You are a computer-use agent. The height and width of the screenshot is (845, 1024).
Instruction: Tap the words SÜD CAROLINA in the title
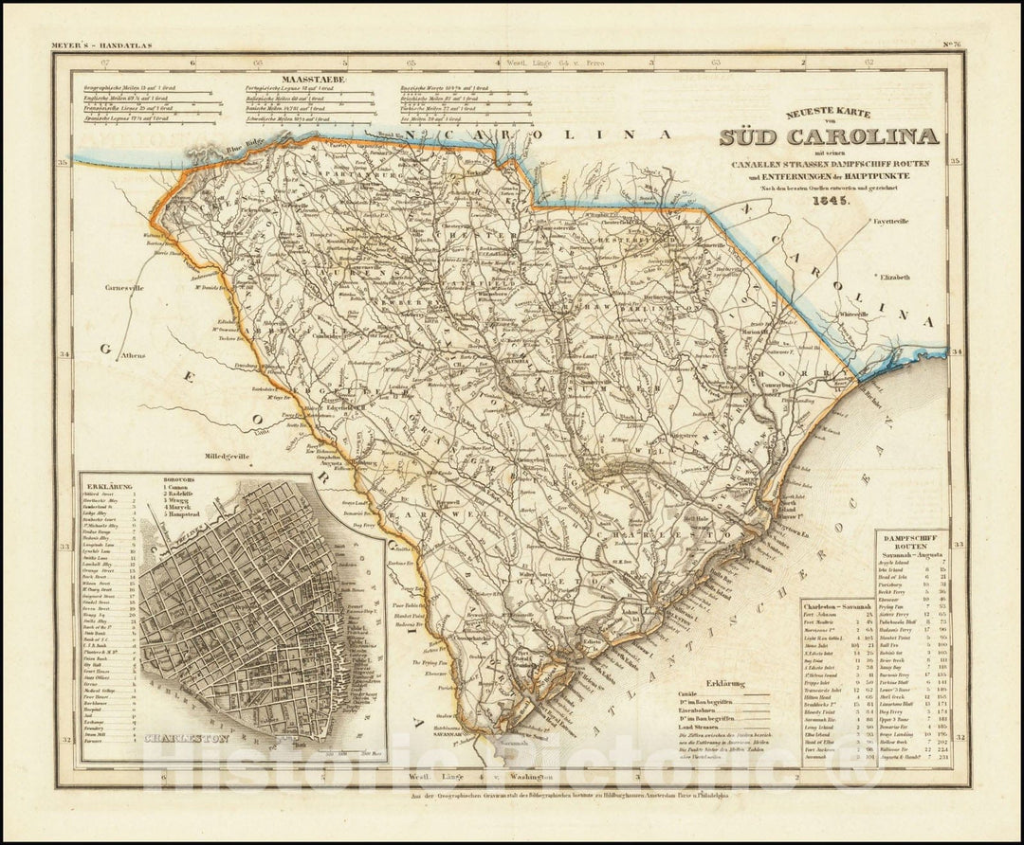click(829, 136)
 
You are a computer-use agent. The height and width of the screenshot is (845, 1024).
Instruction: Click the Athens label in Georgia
click(134, 355)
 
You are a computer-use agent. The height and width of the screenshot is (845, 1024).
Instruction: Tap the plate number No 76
click(949, 45)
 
